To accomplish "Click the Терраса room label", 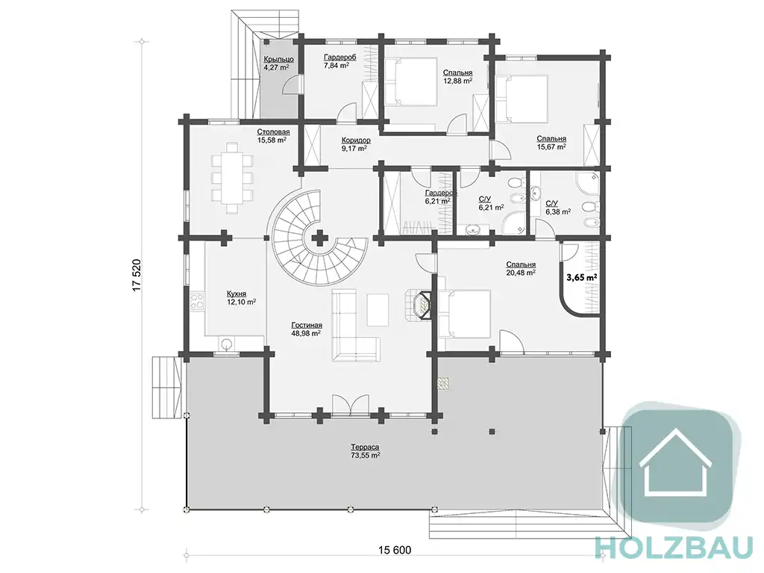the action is click(x=364, y=447).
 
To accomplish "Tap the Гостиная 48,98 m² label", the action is click(x=307, y=329).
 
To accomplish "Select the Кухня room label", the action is click(x=237, y=294).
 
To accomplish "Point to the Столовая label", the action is click(x=273, y=131).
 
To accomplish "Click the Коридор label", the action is click(x=356, y=140).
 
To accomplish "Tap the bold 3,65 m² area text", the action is click(x=582, y=277).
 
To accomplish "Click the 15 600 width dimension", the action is click(x=394, y=551).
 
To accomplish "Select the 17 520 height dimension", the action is click(x=137, y=275).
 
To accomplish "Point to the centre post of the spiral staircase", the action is click(x=319, y=238).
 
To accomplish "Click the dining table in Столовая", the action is click(x=231, y=178).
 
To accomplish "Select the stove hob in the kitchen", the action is click(x=197, y=300).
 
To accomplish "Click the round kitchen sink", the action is click(x=225, y=344).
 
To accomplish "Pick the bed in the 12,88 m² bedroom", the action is click(x=410, y=81).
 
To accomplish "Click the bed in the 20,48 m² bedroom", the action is click(x=464, y=314).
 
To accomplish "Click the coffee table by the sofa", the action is click(x=378, y=310).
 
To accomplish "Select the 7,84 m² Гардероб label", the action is click(x=339, y=61).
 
